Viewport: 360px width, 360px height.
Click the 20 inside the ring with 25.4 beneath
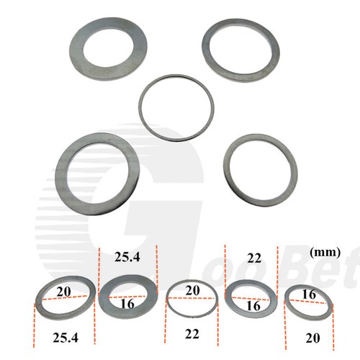pos(65,291)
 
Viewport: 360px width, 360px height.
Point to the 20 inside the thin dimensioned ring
pos(190,290)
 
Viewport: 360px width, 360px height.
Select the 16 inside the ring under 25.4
pos(127,303)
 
